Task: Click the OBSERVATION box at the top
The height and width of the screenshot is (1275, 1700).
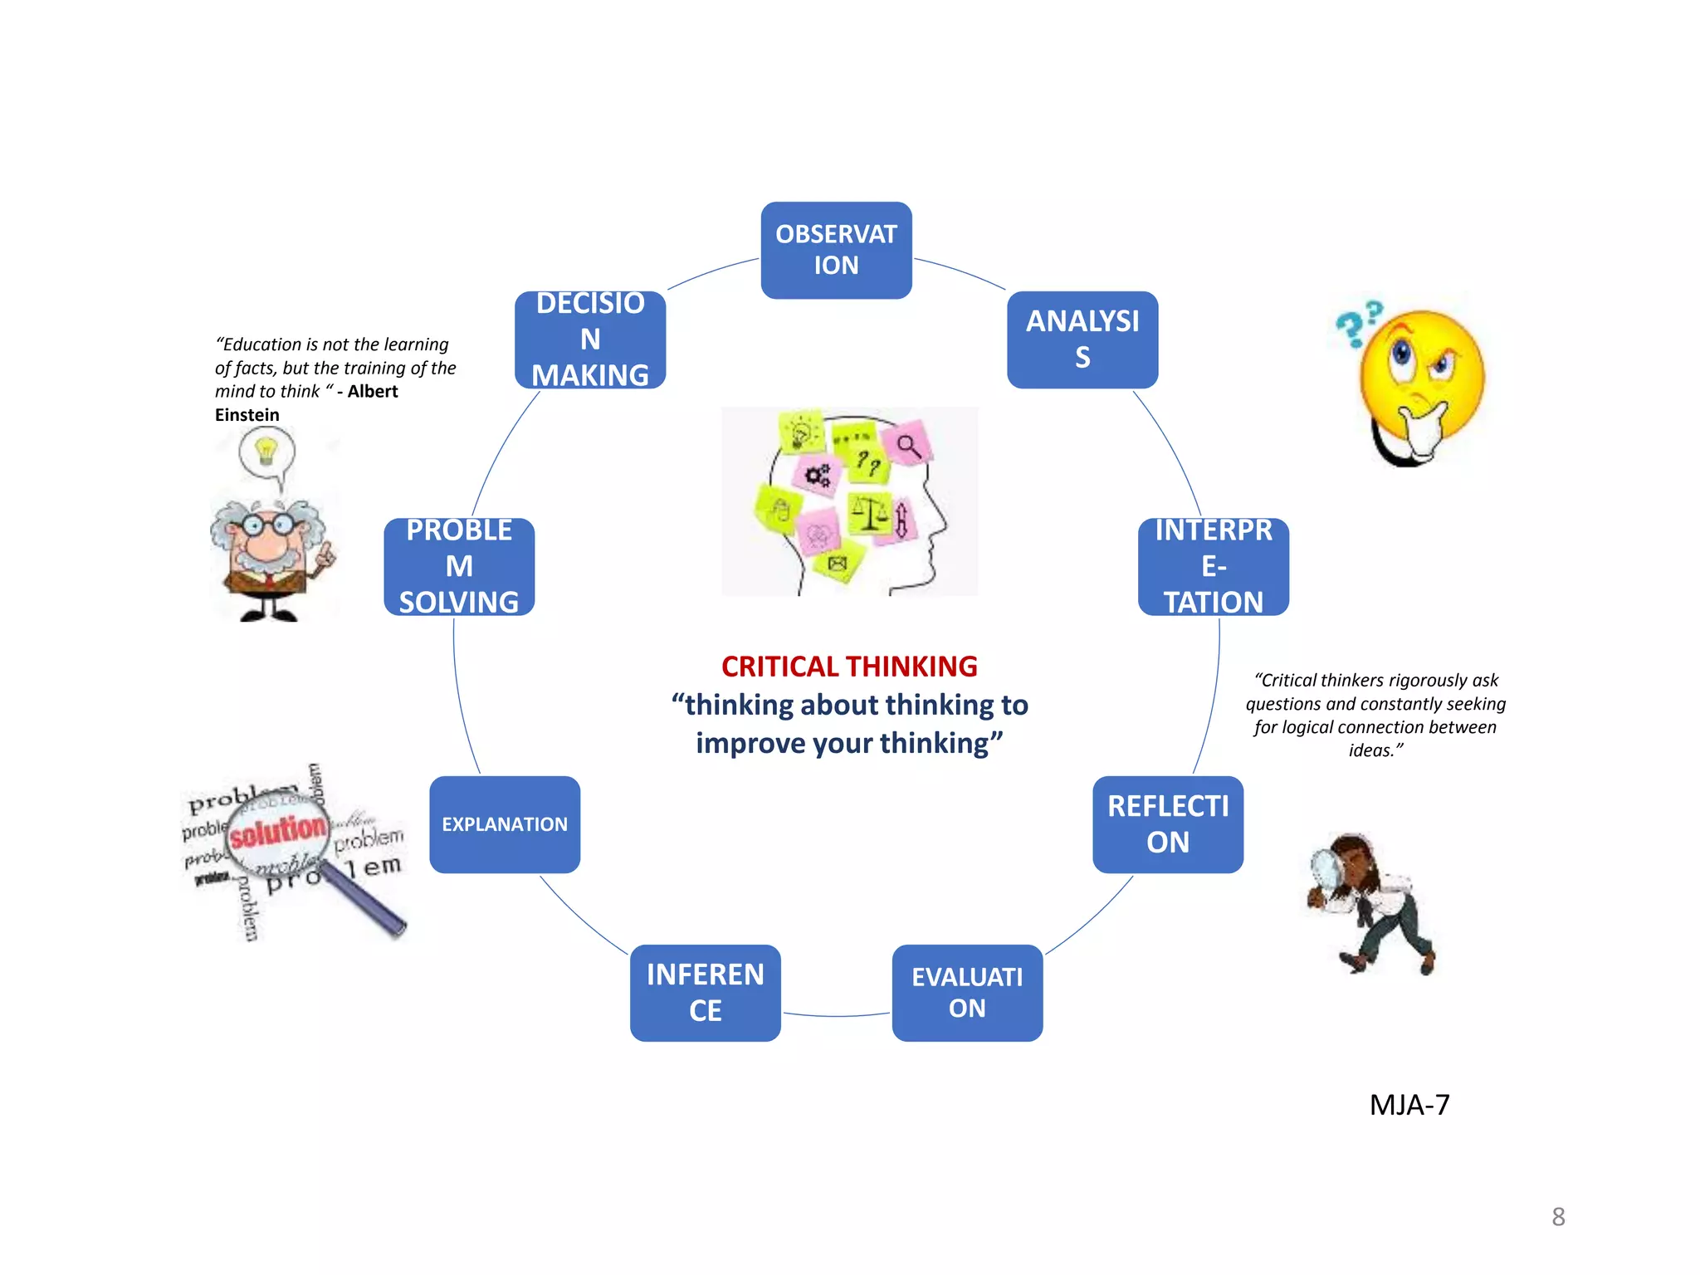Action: tap(836, 250)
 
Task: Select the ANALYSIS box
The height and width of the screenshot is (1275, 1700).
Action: tap(1082, 340)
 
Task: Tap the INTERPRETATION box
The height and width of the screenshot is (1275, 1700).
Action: tap(1213, 566)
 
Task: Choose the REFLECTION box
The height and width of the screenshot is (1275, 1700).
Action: tap(1167, 824)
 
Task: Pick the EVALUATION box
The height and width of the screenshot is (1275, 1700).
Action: tap(967, 993)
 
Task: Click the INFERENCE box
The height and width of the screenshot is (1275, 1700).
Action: tap(705, 993)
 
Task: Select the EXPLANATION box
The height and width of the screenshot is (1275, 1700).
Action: tap(505, 824)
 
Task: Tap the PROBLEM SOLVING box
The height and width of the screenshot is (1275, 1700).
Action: tap(459, 566)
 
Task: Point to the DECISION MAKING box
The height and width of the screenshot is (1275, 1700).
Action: tap(590, 340)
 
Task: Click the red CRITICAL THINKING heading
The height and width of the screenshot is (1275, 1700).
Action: tap(849, 667)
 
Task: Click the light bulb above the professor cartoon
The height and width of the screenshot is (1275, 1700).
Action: tap(266, 451)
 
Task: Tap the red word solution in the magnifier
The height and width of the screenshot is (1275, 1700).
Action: tap(278, 830)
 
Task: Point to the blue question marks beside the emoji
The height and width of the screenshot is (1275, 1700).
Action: tap(1358, 323)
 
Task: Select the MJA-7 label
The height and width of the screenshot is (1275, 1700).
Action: tap(1409, 1105)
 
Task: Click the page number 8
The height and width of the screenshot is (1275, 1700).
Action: tap(1558, 1217)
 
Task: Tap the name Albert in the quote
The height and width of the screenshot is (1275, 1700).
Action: tap(373, 392)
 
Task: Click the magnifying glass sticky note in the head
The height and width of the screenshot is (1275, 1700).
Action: tap(909, 447)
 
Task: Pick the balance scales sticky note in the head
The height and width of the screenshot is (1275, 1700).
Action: tap(868, 513)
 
